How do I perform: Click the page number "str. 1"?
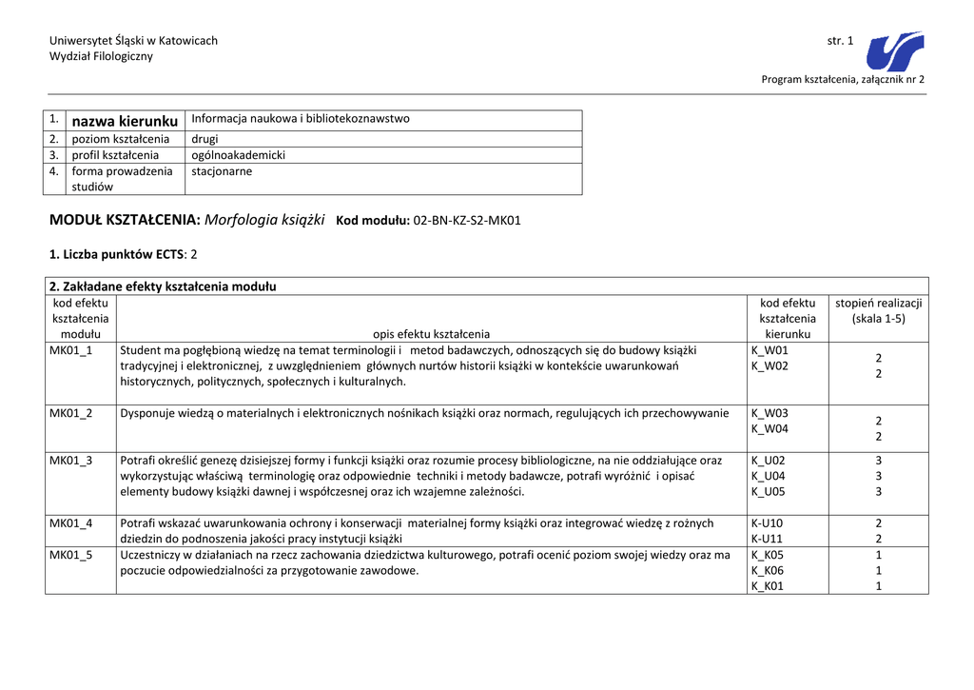(840, 40)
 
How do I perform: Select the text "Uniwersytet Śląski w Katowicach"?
(133, 40)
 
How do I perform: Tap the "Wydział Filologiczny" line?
(101, 56)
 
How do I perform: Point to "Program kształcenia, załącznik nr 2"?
(843, 79)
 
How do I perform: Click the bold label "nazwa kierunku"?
(125, 121)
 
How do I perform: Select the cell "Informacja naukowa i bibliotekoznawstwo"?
(301, 119)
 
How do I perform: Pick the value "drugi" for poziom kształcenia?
(205, 139)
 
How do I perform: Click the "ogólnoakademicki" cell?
(238, 155)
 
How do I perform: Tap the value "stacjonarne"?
(222, 171)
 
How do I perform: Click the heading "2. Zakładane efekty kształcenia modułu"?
(163, 286)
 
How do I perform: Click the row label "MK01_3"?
(71, 461)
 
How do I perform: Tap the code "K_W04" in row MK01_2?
(769, 429)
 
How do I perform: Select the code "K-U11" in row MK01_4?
(767, 539)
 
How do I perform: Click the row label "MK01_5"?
(71, 555)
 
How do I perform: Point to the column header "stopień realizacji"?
(878, 303)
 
